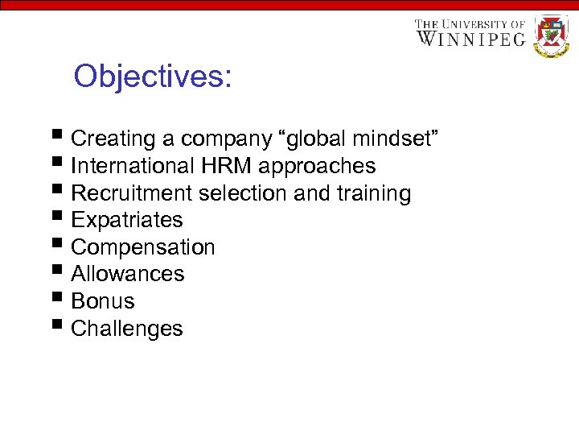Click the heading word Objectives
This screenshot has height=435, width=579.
tap(152, 77)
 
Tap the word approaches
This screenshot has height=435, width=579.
tap(317, 167)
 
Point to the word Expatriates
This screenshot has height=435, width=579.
tap(127, 220)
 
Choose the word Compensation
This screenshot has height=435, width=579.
tap(143, 247)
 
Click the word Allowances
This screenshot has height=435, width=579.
tap(128, 274)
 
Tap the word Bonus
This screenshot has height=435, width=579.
tap(103, 301)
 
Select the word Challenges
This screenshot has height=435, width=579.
tap(127, 329)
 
